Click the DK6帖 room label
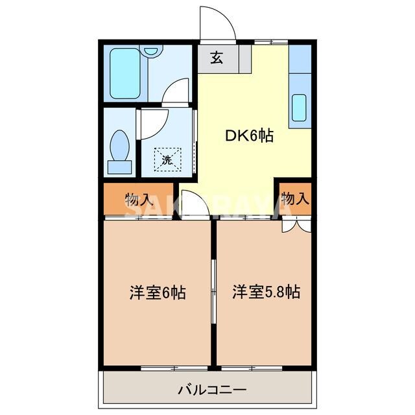pyautogui.click(x=249, y=136)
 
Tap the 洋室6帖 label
pyautogui.click(x=157, y=292)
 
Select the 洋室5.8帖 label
pyautogui.click(x=266, y=292)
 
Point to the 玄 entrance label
pyautogui.click(x=217, y=58)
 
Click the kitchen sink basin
pyautogui.click(x=299, y=108)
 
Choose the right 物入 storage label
pyautogui.click(x=295, y=199)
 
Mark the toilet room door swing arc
pyautogui.click(x=153, y=122)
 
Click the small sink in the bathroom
pyautogui.click(x=151, y=51)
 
